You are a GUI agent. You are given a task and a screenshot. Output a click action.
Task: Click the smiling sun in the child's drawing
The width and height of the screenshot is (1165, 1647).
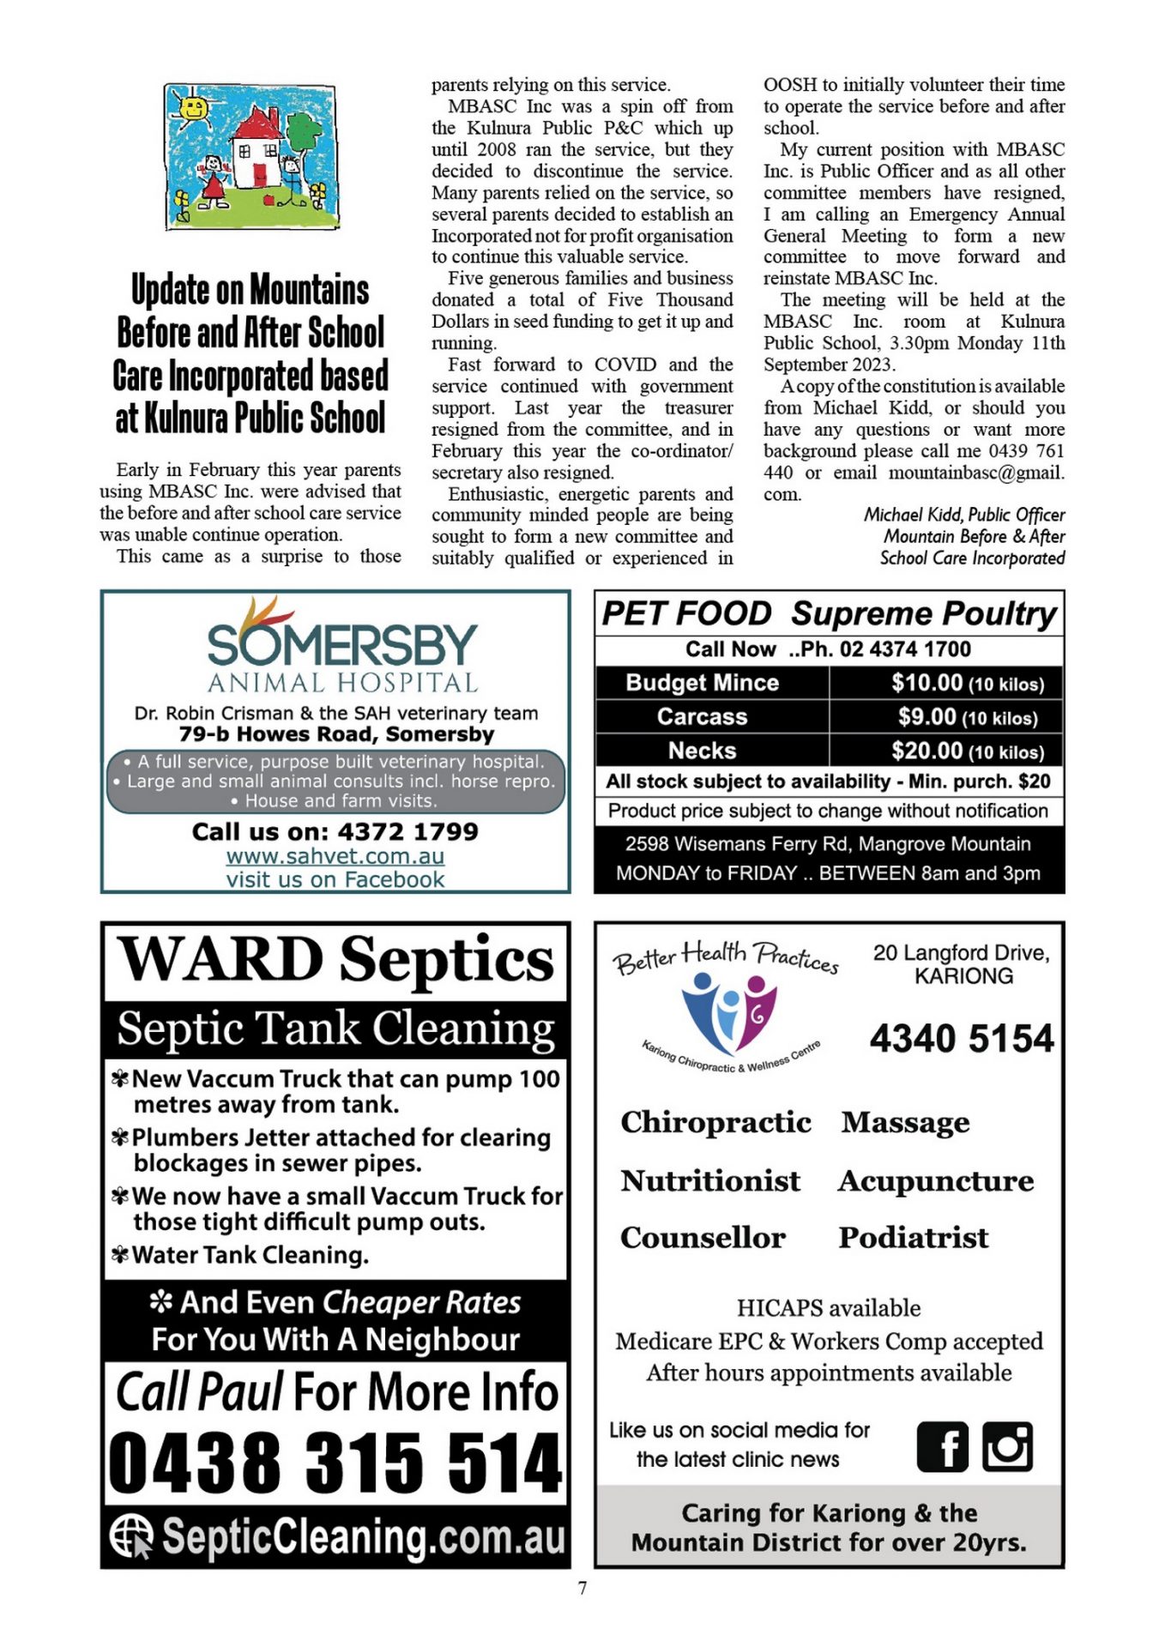point(193,109)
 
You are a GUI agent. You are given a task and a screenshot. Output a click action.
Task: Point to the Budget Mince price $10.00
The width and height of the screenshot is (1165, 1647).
point(927,683)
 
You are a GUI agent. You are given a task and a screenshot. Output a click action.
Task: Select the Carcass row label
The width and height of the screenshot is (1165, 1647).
point(702,716)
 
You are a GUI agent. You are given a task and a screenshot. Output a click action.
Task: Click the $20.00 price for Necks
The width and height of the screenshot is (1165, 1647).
point(927,751)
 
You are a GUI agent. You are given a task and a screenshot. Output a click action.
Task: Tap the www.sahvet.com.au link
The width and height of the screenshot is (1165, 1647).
point(335,856)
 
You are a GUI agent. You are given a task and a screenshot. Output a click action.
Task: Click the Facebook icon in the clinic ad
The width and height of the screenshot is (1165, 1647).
point(942,1446)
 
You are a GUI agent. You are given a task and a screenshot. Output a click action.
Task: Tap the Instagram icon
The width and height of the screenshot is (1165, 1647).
point(1007,1446)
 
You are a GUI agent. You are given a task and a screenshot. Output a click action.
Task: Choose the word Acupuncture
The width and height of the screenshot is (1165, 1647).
point(936,1181)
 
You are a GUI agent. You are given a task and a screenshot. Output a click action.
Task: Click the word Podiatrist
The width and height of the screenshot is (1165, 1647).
point(913,1238)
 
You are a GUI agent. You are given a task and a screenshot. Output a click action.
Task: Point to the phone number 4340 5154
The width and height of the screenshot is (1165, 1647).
point(961,1039)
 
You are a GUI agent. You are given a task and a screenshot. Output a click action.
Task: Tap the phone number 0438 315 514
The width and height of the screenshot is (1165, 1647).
point(335,1463)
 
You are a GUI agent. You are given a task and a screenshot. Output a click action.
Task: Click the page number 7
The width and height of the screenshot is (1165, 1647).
point(582,1589)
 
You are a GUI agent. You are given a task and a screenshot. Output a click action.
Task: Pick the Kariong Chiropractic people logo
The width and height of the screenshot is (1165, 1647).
point(730,1012)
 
